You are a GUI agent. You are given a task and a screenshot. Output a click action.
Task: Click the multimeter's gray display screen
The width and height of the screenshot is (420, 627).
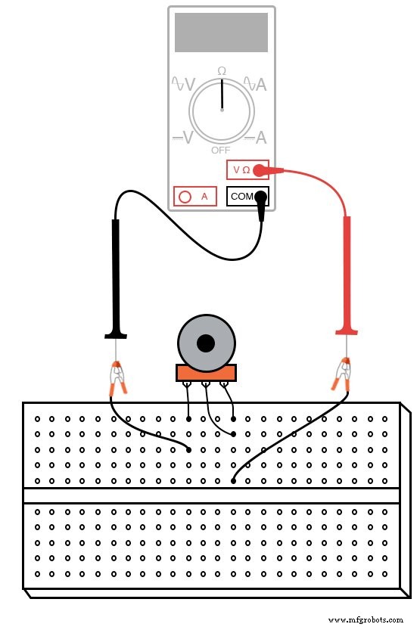coord(221,32)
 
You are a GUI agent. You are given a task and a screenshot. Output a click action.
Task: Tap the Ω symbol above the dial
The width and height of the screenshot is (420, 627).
coord(222,70)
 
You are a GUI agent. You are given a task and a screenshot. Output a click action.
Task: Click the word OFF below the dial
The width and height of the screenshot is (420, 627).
coord(221,150)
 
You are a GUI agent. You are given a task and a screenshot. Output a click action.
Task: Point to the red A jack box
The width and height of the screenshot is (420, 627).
coord(194,197)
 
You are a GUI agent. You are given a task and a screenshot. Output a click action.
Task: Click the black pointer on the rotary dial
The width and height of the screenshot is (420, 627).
coord(222,95)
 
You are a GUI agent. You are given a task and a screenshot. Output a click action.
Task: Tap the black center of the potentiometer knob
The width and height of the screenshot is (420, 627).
coord(205,343)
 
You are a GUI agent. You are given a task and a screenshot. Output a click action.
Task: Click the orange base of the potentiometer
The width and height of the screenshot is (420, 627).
coord(206,372)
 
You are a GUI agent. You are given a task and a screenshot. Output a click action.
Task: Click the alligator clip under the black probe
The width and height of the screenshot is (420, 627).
coord(117,377)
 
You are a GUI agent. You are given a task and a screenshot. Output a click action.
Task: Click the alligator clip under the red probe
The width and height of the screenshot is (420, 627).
coord(343,374)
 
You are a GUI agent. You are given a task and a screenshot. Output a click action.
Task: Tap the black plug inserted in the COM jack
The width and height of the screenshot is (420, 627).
coord(261,202)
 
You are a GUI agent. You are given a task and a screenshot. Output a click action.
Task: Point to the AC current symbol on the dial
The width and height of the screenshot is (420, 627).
coord(256,84)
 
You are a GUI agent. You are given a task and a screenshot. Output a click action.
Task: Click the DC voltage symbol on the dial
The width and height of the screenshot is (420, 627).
coord(183,138)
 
